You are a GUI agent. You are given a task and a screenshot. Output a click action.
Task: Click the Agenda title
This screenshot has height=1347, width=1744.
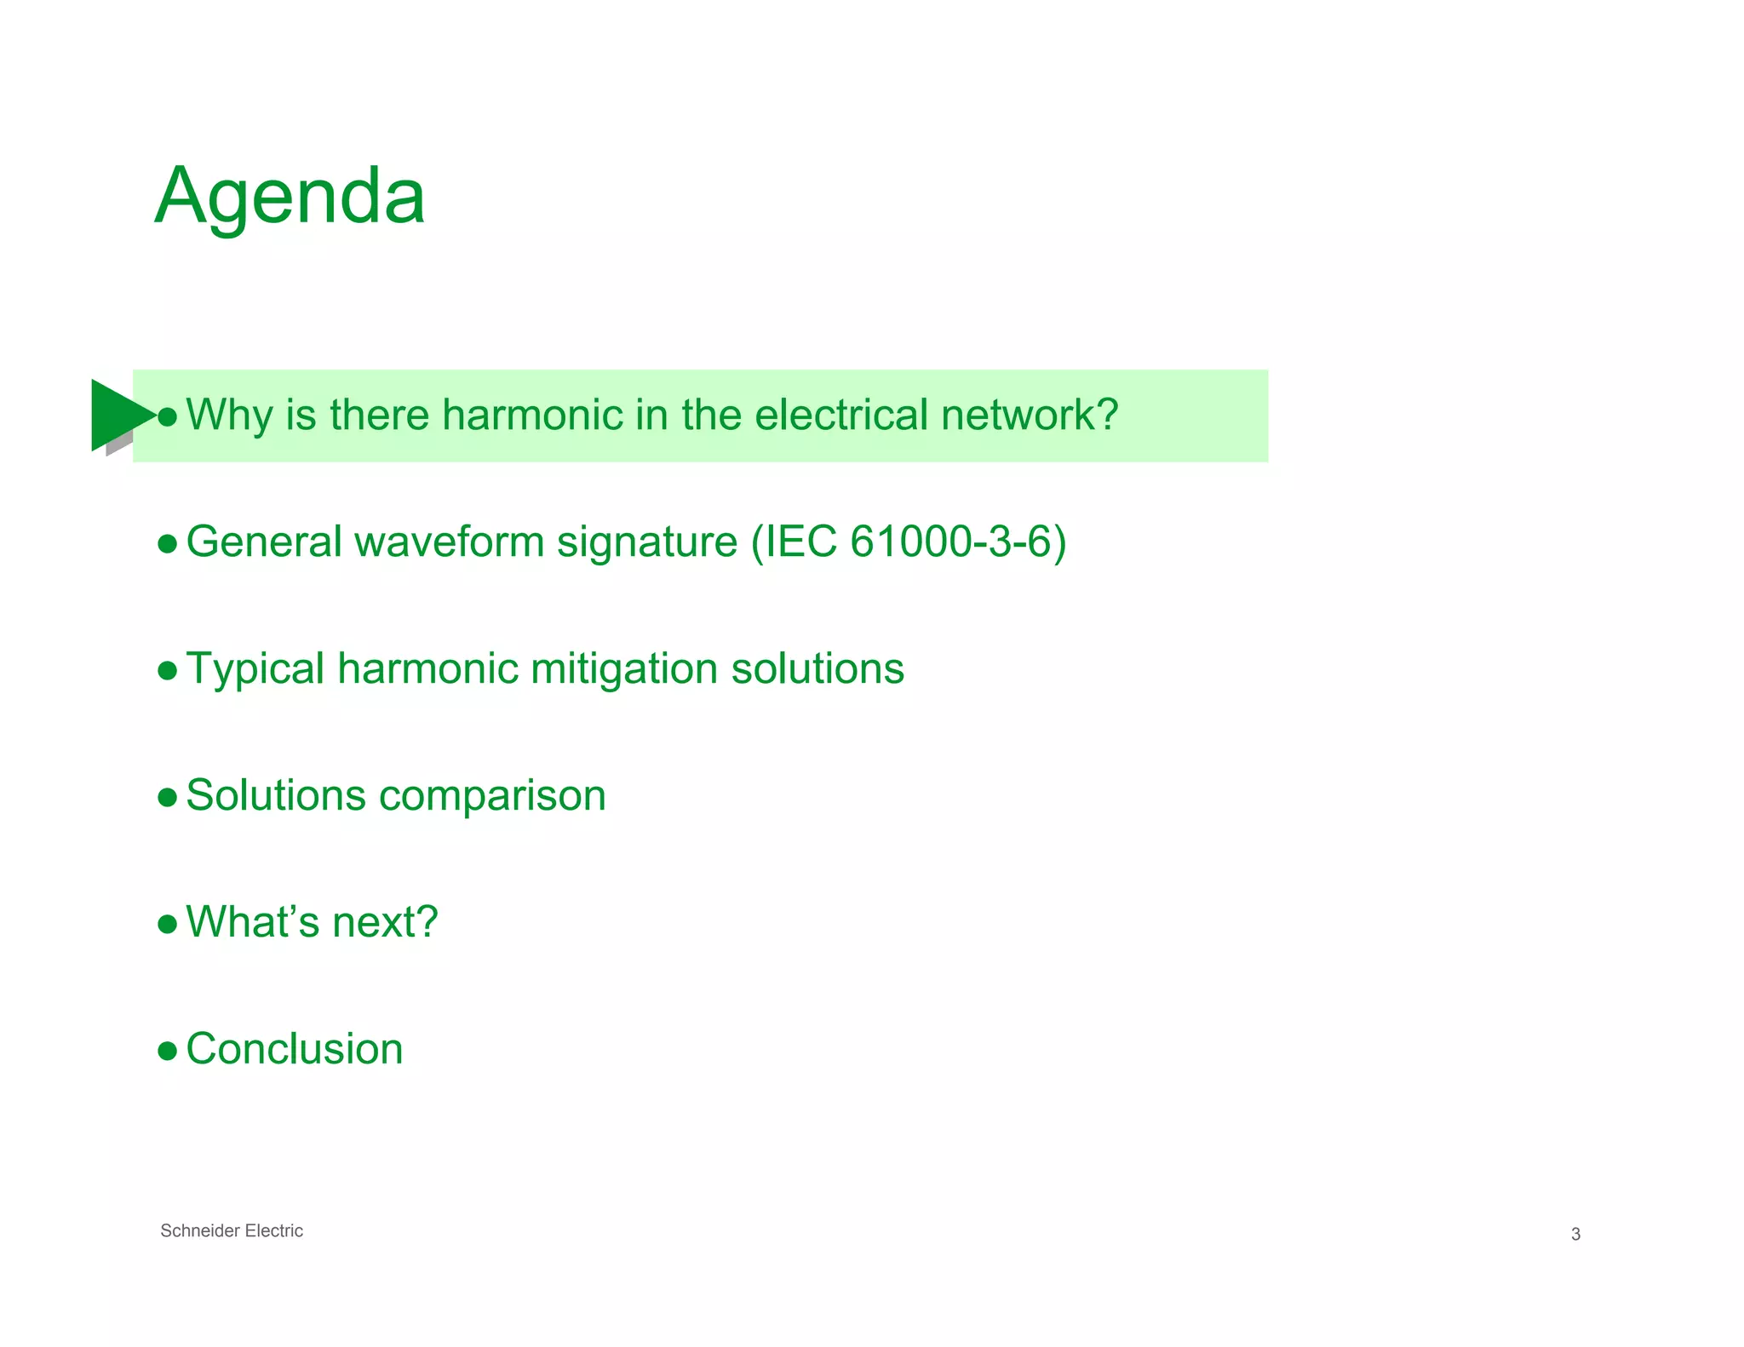pyautogui.click(x=290, y=198)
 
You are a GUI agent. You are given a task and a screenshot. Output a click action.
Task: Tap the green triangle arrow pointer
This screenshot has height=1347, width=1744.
pyautogui.click(x=119, y=415)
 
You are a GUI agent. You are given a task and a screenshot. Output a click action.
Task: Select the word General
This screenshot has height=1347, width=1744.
pyautogui.click(x=264, y=542)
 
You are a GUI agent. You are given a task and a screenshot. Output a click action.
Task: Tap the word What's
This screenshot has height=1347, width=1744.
pyautogui.click(x=253, y=921)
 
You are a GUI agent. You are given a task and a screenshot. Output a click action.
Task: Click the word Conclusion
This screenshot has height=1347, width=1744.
pyautogui.click(x=295, y=1048)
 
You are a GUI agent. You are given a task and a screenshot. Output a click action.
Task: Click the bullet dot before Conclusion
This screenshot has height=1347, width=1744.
pyautogui.click(x=168, y=1051)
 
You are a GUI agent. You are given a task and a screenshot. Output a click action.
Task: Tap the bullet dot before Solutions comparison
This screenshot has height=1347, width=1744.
pyautogui.click(x=168, y=798)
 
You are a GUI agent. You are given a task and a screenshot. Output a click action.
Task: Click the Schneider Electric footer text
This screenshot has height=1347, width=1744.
pyautogui.click(x=232, y=1230)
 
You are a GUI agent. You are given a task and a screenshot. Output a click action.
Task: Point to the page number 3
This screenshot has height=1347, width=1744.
pyautogui.click(x=1575, y=1234)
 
